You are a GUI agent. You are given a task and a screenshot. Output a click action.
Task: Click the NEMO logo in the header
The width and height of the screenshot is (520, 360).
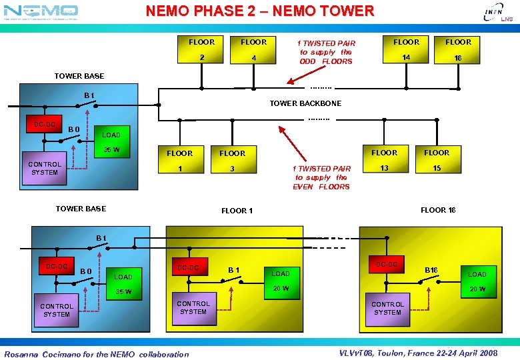(x=41, y=11)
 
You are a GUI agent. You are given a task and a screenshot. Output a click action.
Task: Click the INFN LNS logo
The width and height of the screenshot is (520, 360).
(x=493, y=14)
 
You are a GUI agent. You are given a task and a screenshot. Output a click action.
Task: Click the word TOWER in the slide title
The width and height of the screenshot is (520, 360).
(x=349, y=11)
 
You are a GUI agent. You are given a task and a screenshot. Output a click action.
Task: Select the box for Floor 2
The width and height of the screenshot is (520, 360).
(x=201, y=50)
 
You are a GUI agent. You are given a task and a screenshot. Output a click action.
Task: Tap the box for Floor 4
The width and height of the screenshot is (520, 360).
(x=253, y=50)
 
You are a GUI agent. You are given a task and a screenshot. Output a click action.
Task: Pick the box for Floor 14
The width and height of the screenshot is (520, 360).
(x=406, y=50)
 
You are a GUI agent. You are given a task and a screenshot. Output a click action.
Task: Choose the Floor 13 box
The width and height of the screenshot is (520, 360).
(x=384, y=161)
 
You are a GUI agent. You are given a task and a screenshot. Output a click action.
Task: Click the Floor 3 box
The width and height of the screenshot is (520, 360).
(x=233, y=161)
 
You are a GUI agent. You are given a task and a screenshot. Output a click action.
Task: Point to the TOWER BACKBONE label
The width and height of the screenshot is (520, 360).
(x=305, y=103)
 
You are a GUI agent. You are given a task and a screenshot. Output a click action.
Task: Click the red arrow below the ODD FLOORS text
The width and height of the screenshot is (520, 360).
(x=299, y=74)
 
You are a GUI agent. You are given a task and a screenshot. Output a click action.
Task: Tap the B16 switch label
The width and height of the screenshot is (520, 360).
(x=432, y=270)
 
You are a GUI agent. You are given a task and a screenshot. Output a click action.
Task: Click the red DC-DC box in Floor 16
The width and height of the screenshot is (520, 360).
(x=387, y=265)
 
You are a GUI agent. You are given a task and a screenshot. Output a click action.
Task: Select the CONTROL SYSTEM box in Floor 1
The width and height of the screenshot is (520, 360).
(x=193, y=307)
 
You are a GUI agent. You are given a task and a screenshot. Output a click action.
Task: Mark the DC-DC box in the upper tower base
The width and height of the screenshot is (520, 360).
(x=45, y=125)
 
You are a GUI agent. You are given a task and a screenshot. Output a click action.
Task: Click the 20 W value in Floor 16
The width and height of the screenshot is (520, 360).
(x=477, y=289)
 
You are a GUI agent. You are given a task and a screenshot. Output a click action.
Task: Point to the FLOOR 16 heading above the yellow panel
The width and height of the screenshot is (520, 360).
(x=438, y=210)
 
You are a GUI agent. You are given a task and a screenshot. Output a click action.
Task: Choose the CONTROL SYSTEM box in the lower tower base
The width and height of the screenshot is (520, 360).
(x=57, y=310)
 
